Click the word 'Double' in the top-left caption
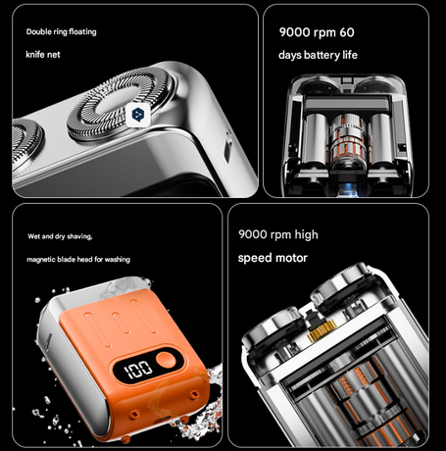[x=40, y=32]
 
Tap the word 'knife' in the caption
[x=35, y=55]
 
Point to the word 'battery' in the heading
[x=315, y=55]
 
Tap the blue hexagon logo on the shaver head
[x=139, y=114]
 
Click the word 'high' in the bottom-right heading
[x=305, y=235]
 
